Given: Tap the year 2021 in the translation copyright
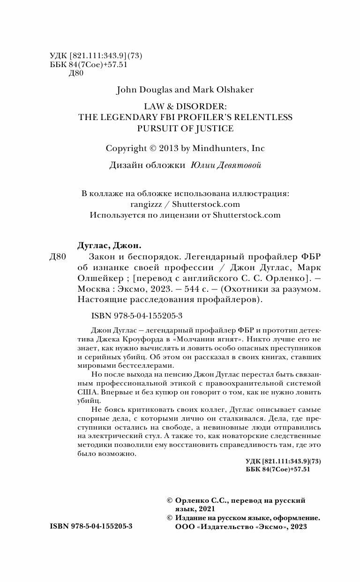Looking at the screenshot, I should click(207, 509).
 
